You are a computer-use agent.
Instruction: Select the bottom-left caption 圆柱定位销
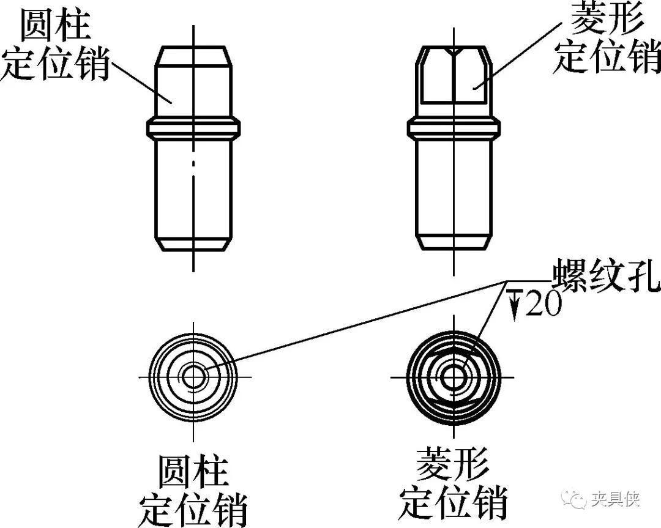click(193, 488)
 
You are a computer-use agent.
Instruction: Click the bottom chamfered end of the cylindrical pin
click(193, 244)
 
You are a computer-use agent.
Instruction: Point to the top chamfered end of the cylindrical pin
click(193, 54)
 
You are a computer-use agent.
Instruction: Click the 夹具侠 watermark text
click(615, 500)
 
